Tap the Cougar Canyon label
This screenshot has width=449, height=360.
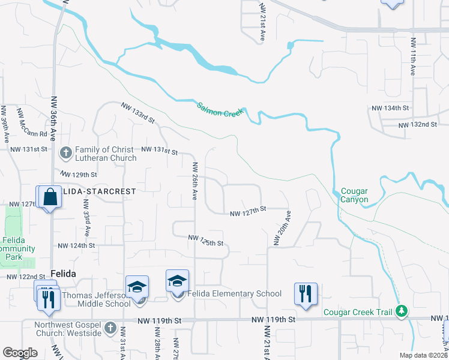point(354,195)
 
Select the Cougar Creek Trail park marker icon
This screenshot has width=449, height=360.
point(401,311)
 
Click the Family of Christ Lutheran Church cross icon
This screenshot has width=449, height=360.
point(66,153)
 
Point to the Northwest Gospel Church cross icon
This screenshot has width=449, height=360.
point(109,328)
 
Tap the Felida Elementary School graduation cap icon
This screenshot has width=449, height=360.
point(178,281)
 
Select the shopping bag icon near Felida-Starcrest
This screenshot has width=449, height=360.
point(51,197)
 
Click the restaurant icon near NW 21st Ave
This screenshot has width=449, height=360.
point(306,294)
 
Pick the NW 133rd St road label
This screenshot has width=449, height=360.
point(138,112)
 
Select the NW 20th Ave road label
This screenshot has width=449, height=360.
point(282,227)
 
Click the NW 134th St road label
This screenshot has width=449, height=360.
point(390,108)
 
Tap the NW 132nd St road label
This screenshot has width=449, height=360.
point(418,124)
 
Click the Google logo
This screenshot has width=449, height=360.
point(20,352)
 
